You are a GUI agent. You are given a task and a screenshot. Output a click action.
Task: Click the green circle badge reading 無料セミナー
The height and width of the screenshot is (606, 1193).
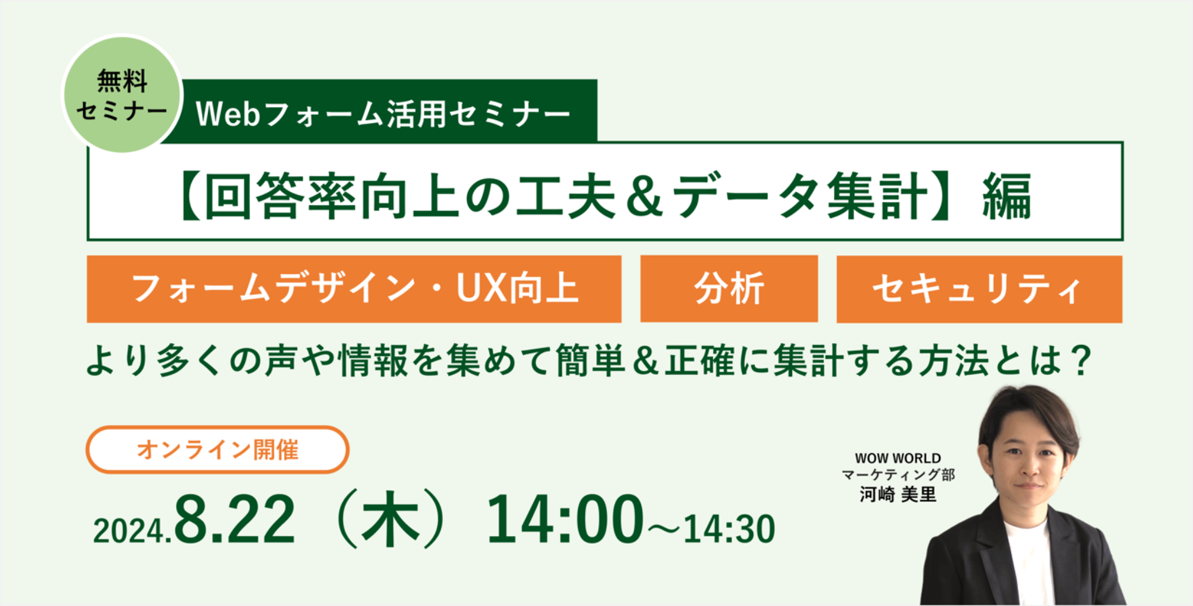click(122, 94)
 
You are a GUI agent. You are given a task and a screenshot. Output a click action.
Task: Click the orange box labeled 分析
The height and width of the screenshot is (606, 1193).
click(729, 289)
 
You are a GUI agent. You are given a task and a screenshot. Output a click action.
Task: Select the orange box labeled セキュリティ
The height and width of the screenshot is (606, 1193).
click(979, 289)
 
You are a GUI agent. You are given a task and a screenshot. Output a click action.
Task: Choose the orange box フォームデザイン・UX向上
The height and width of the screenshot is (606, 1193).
click(354, 289)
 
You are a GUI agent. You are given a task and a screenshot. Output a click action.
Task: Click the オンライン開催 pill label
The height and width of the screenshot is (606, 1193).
click(218, 450)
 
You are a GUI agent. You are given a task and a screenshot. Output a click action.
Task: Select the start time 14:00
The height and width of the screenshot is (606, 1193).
click(565, 519)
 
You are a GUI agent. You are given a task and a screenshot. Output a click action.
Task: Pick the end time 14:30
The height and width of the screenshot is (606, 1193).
click(729, 529)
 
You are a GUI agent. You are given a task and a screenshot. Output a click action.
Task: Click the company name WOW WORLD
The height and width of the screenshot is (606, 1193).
click(898, 458)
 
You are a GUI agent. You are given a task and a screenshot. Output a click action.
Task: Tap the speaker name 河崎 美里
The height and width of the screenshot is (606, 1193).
click(898, 494)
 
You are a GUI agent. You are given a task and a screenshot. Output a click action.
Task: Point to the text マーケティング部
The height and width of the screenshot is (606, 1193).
click(898, 474)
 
